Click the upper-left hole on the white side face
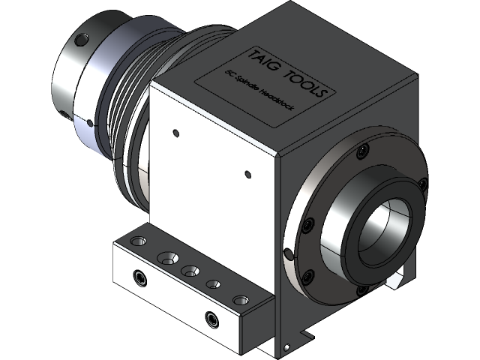[x=175, y=133]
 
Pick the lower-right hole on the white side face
[x=248, y=174]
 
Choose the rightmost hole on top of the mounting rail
[x=239, y=300]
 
